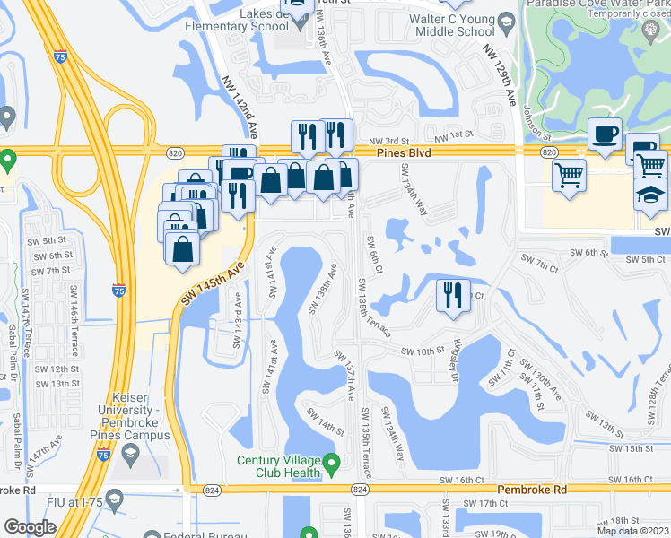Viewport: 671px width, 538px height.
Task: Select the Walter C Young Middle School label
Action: [452, 25]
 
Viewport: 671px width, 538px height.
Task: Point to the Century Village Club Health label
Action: [278, 466]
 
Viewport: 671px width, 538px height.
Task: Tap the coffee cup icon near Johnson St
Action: [605, 135]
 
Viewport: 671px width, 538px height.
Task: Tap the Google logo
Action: [30, 526]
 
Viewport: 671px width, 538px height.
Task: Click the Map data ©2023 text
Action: [632, 531]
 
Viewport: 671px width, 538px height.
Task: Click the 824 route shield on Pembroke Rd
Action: [360, 489]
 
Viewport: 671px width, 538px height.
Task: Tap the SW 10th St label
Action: [423, 351]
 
